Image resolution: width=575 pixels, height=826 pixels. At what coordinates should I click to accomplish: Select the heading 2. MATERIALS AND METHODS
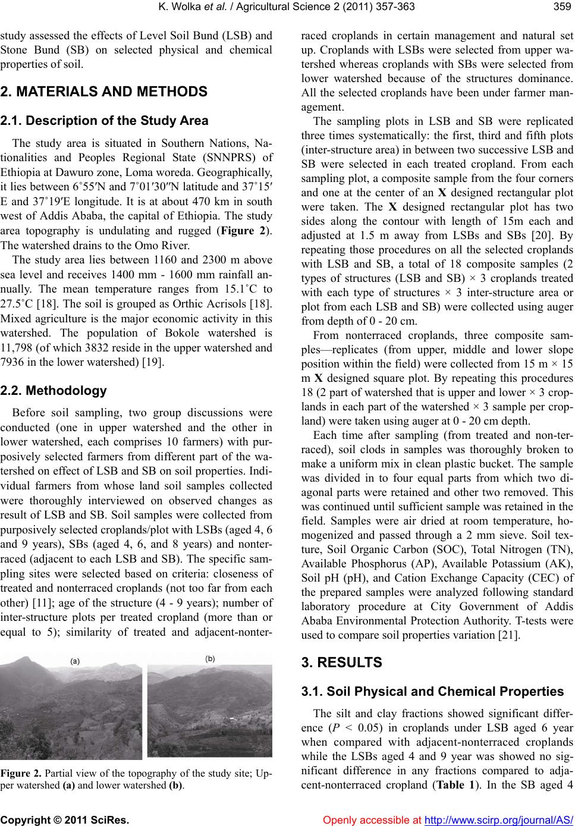104,92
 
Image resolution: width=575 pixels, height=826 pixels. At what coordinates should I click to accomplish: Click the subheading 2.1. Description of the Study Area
105,121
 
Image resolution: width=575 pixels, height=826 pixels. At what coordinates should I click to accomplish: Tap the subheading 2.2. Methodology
54,391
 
